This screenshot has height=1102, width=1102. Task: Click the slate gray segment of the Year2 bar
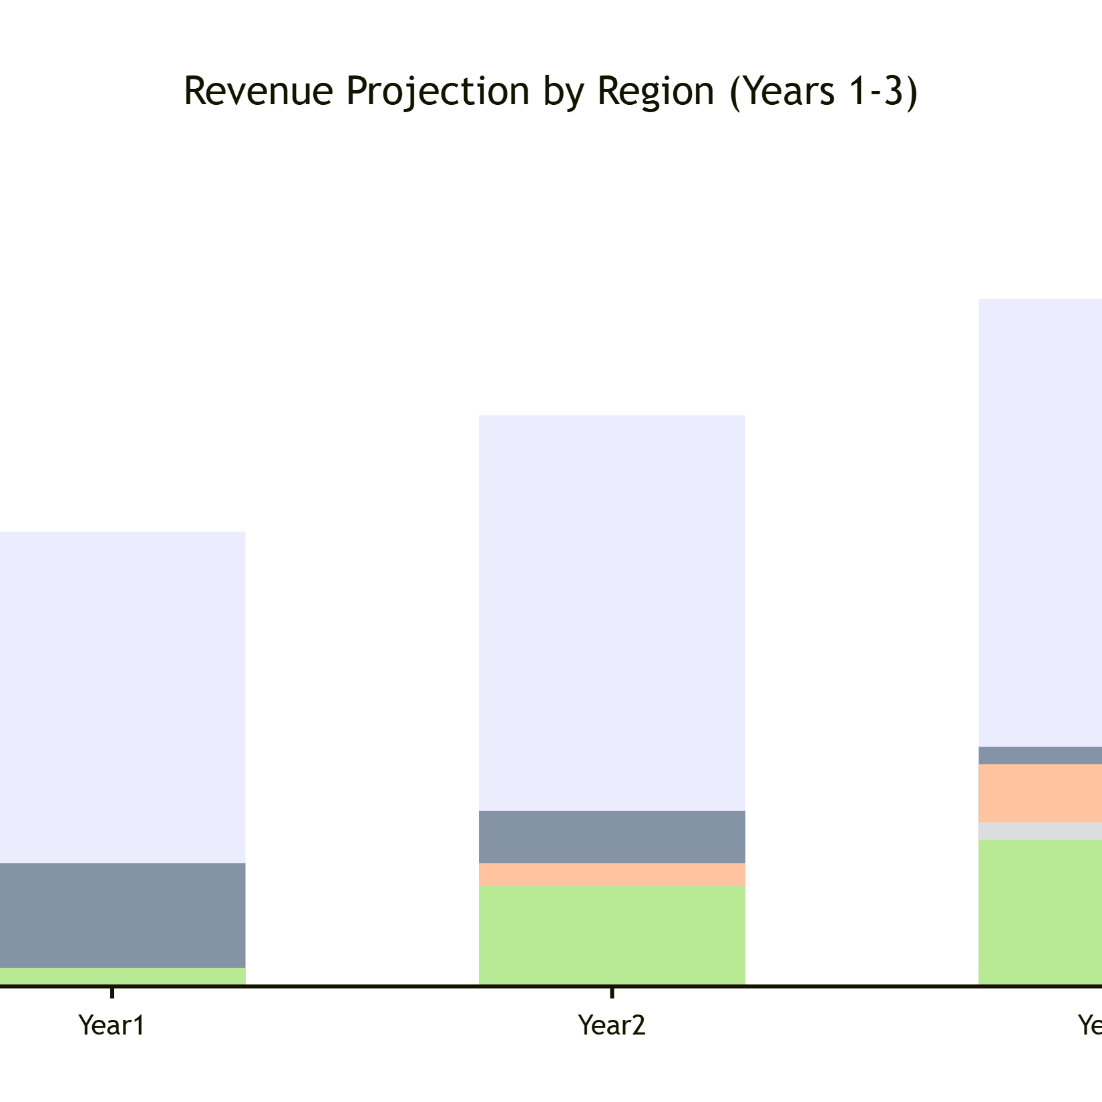tap(612, 836)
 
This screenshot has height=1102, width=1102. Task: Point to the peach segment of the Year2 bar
tap(612, 875)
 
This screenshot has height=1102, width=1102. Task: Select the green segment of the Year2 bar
tap(612, 935)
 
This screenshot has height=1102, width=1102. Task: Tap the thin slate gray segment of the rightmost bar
tap(1040, 755)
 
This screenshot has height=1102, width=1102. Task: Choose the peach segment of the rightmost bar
tap(1040, 793)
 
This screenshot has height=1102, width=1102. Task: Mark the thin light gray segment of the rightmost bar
tap(1040, 831)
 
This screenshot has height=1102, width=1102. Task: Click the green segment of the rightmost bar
tap(1040, 912)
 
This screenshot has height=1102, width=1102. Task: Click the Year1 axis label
tap(112, 1025)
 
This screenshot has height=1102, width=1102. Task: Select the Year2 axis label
tap(612, 1025)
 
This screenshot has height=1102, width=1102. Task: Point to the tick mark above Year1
tap(112, 992)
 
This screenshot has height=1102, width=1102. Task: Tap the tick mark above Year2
tap(612, 992)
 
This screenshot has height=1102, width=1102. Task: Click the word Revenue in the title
tap(258, 91)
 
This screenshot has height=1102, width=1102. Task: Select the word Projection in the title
tap(438, 92)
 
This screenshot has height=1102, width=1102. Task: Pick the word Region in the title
tap(655, 92)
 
